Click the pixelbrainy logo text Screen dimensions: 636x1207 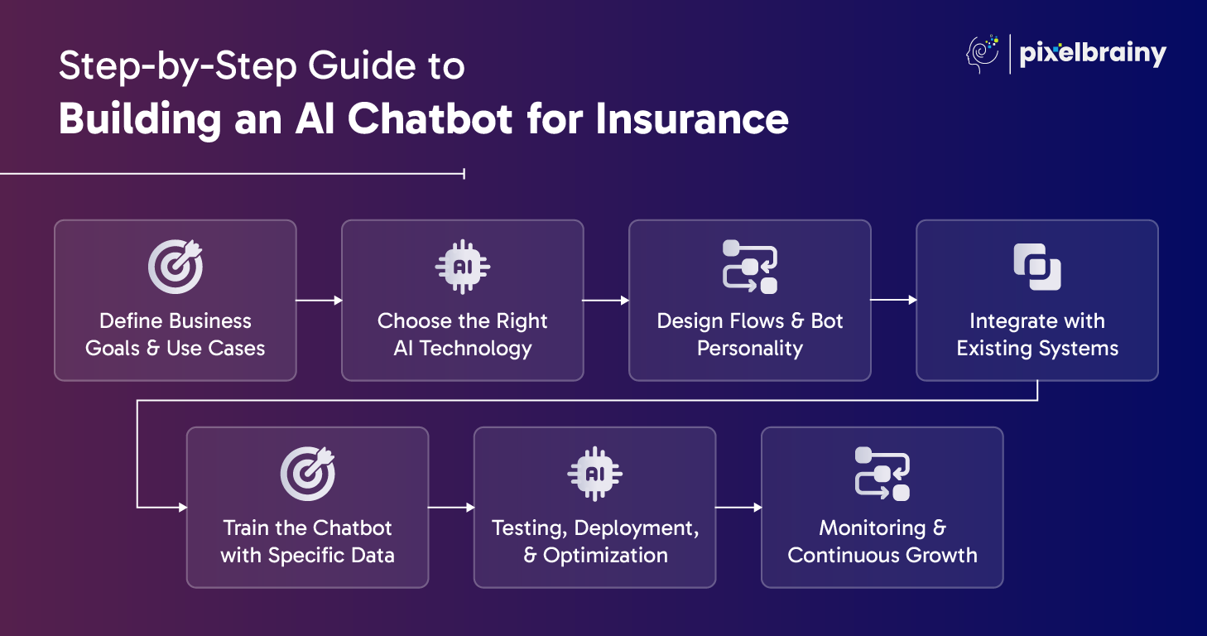pyautogui.click(x=1092, y=55)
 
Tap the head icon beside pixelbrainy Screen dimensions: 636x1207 pyautogui.click(x=983, y=55)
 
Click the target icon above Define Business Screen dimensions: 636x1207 pyautogui.click(x=176, y=266)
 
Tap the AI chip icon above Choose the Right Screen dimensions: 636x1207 pyautogui.click(x=463, y=266)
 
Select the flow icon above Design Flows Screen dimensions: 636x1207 pyautogui.click(x=750, y=266)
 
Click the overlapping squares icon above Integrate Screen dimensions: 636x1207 pyautogui.click(x=1037, y=266)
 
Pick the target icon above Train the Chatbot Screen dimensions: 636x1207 pyautogui.click(x=308, y=473)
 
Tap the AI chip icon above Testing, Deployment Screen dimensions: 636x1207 pyautogui.click(x=595, y=473)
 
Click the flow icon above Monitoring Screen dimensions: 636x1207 pyautogui.click(x=882, y=473)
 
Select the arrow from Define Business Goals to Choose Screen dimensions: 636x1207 pyautogui.click(x=319, y=301)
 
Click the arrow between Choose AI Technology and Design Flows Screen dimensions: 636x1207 pyautogui.click(x=606, y=301)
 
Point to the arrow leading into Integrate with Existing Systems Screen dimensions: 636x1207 pyautogui.click(x=893, y=301)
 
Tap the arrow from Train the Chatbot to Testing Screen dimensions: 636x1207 pyautogui.click(x=451, y=508)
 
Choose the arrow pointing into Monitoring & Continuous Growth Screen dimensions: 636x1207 pyautogui.click(x=738, y=508)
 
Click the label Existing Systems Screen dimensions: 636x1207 pyautogui.click(x=1037, y=349)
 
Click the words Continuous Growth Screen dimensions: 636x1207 pyautogui.click(x=882, y=556)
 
